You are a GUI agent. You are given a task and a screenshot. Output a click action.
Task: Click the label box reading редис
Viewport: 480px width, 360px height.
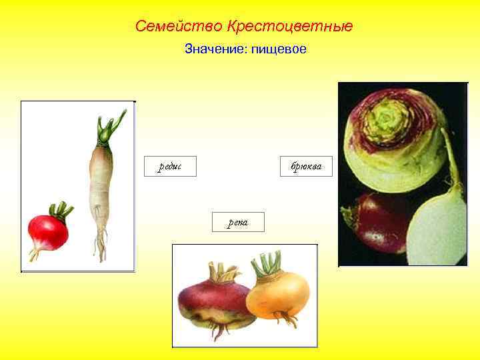tap(171, 166)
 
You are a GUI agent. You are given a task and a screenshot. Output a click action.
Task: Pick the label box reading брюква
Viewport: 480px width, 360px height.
tap(306, 166)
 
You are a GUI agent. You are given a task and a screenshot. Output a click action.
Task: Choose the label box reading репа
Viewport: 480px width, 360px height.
tap(237, 222)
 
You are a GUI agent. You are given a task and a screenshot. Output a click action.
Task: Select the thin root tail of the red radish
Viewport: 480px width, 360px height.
tap(33, 254)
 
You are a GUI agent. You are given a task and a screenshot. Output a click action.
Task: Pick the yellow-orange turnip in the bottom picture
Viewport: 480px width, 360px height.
tap(279, 293)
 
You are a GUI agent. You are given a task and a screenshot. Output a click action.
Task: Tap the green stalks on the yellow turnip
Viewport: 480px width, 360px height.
tap(268, 263)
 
